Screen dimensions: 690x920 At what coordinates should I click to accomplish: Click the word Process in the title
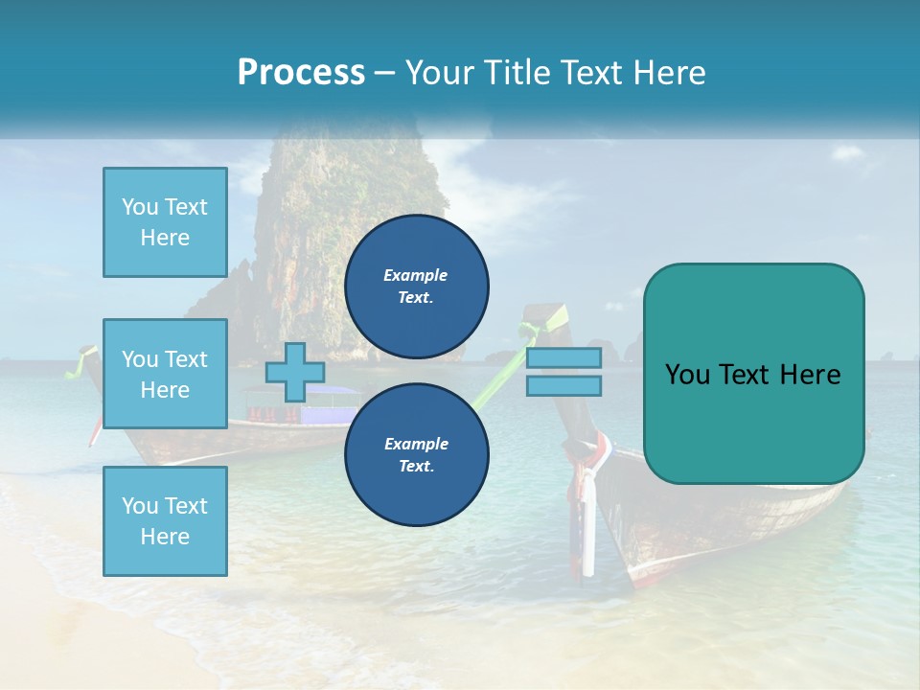(x=301, y=73)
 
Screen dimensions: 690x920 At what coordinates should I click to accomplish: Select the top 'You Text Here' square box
(x=165, y=222)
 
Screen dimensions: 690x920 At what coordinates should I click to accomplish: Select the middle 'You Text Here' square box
(x=165, y=374)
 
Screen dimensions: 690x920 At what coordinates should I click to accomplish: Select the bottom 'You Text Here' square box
(x=165, y=521)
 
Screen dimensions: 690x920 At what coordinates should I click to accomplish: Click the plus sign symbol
(x=294, y=372)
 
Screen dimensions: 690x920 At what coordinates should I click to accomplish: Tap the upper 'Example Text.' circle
(x=417, y=287)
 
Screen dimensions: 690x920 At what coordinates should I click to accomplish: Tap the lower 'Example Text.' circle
(x=417, y=455)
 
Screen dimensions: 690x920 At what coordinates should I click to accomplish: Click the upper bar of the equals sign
(x=564, y=357)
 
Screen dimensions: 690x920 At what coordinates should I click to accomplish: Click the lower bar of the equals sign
(x=564, y=386)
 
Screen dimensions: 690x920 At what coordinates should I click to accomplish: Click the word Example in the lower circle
(x=416, y=444)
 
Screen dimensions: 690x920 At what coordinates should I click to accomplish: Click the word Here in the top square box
(x=165, y=238)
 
